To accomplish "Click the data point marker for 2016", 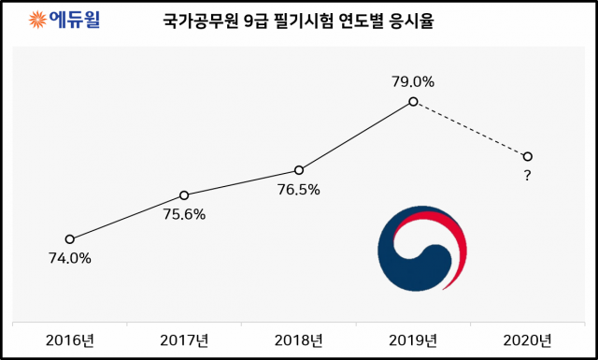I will tap(69, 239).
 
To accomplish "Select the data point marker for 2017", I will tap(184, 195).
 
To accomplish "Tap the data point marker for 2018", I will tap(299, 170).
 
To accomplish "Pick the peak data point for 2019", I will tap(413, 100).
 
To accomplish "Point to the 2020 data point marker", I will tap(528, 157).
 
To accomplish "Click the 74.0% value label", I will tap(69, 259).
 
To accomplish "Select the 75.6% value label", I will tap(184, 214).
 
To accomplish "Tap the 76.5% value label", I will tap(299, 190).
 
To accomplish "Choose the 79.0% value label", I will tap(413, 81).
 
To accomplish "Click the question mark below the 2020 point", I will tap(528, 176).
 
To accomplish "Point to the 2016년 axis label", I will tap(69, 338).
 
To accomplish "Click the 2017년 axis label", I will tap(184, 338).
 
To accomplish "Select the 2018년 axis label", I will tap(299, 338).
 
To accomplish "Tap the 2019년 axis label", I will tap(413, 338).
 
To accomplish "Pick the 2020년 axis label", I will tap(528, 338).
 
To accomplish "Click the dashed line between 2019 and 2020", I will tap(471, 129).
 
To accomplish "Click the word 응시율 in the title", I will tap(417, 20).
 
